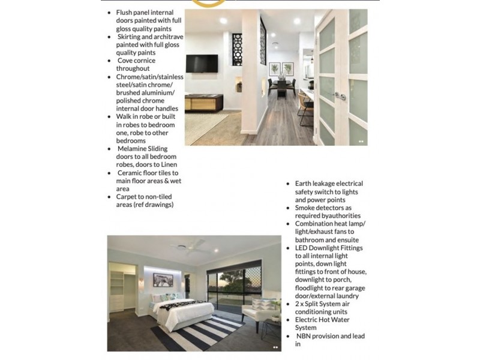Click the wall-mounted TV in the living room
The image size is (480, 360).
pos(202,63)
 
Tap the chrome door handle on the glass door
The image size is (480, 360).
pos(340,95)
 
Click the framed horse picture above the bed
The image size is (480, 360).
pos(162,279)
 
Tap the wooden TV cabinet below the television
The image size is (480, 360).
pos(203,103)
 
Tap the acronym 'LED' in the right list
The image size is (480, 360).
pos(302,248)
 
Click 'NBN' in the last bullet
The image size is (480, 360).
pos(305,337)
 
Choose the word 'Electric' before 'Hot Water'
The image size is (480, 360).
pos(309,320)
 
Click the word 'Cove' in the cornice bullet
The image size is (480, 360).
pos(126,61)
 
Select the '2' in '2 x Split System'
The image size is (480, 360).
pos(297,304)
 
